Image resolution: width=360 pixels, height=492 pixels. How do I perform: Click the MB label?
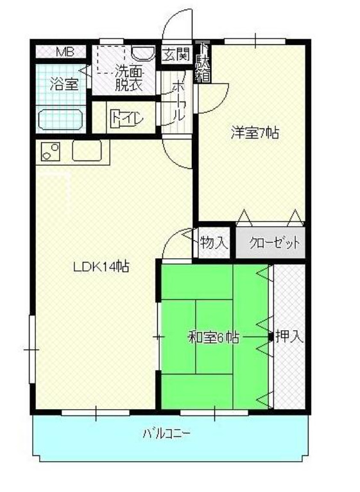(x=64, y=52)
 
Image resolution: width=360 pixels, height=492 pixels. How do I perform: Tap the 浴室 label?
(x=64, y=83)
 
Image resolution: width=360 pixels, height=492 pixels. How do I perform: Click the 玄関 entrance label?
(x=175, y=55)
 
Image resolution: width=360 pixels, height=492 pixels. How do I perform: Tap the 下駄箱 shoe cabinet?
(x=203, y=62)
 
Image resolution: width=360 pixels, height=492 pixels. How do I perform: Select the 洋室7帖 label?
(x=255, y=134)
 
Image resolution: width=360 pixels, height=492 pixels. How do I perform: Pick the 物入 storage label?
(x=214, y=243)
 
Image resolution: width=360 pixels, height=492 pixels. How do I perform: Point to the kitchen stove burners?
(x=49, y=153)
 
